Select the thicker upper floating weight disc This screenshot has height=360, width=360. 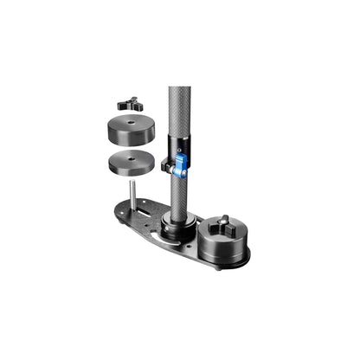[x=132, y=131]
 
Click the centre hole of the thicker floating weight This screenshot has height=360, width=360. [x=132, y=123]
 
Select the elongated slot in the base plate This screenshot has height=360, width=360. [x=146, y=209]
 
